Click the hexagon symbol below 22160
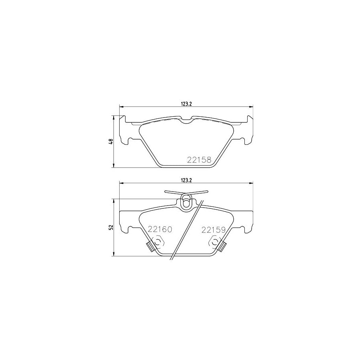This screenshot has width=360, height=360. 158,242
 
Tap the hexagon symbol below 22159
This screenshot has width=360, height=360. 215,242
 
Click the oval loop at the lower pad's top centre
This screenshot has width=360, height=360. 186,202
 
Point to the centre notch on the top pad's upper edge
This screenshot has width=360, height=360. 186,120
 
